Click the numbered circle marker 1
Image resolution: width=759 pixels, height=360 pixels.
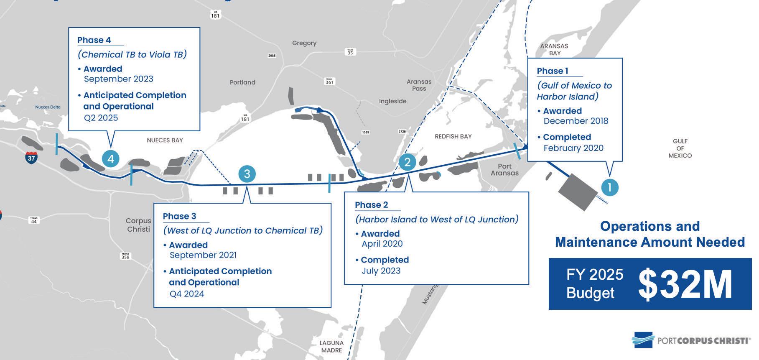pos(609,187)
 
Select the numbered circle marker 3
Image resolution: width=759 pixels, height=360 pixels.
pos(247,174)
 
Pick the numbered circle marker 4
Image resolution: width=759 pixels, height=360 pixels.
pos(111,158)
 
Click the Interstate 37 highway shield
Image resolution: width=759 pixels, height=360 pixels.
pos(31,158)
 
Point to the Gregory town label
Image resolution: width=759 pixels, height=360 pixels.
pos(304,43)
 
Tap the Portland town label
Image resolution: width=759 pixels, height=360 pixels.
pos(242,82)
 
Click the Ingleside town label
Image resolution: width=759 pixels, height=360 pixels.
pos(392,101)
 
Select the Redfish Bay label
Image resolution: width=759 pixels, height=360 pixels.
pos(453,136)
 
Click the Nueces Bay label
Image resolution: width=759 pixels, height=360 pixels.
pos(165,140)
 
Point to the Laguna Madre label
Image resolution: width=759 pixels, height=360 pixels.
pos(331,347)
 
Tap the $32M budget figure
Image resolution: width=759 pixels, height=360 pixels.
pos(685,285)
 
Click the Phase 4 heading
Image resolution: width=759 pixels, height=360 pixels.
pos(94,40)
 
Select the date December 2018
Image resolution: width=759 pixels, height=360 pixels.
pos(576,121)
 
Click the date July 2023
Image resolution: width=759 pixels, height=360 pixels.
pos(381,271)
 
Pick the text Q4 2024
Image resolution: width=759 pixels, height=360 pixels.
pos(187,294)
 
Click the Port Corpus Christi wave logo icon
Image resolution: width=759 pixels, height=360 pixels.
pos(642,340)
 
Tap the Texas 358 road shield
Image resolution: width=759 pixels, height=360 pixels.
pos(125,256)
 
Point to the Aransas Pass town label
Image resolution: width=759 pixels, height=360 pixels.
pos(419,85)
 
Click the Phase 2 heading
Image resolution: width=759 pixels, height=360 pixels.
pos(371,205)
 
